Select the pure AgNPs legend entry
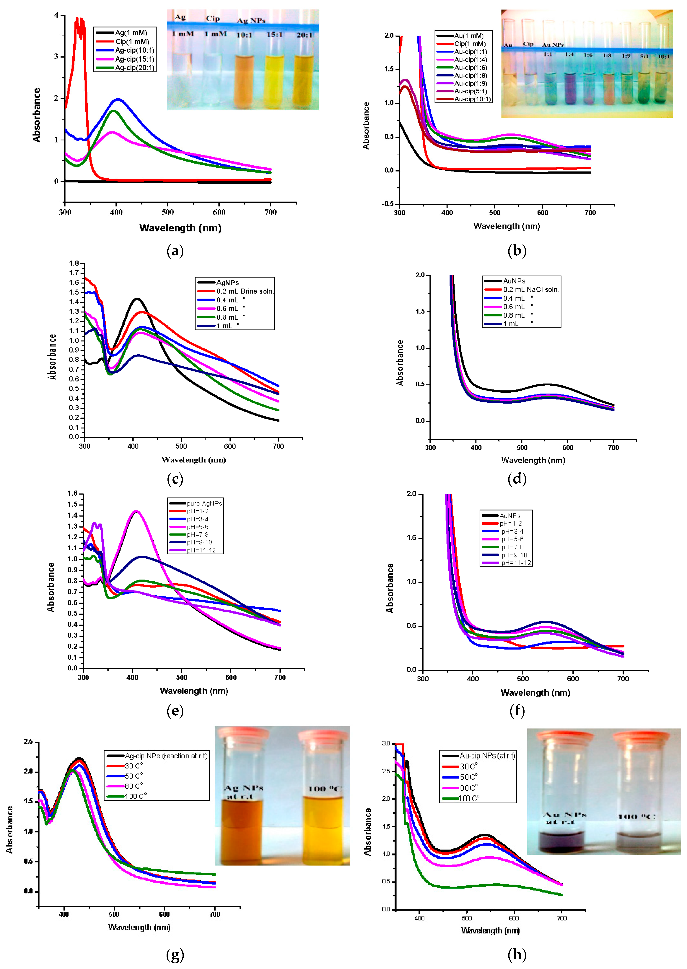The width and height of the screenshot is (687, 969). pyautogui.click(x=204, y=503)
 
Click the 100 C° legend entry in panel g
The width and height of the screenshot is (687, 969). pyautogui.click(x=135, y=796)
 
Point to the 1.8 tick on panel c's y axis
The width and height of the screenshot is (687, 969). pyautogui.click(x=74, y=263)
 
